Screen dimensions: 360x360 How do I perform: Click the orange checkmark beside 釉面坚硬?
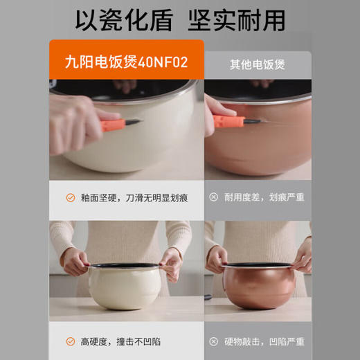pos(69,197)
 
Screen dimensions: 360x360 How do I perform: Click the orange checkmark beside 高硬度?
pos(69,341)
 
